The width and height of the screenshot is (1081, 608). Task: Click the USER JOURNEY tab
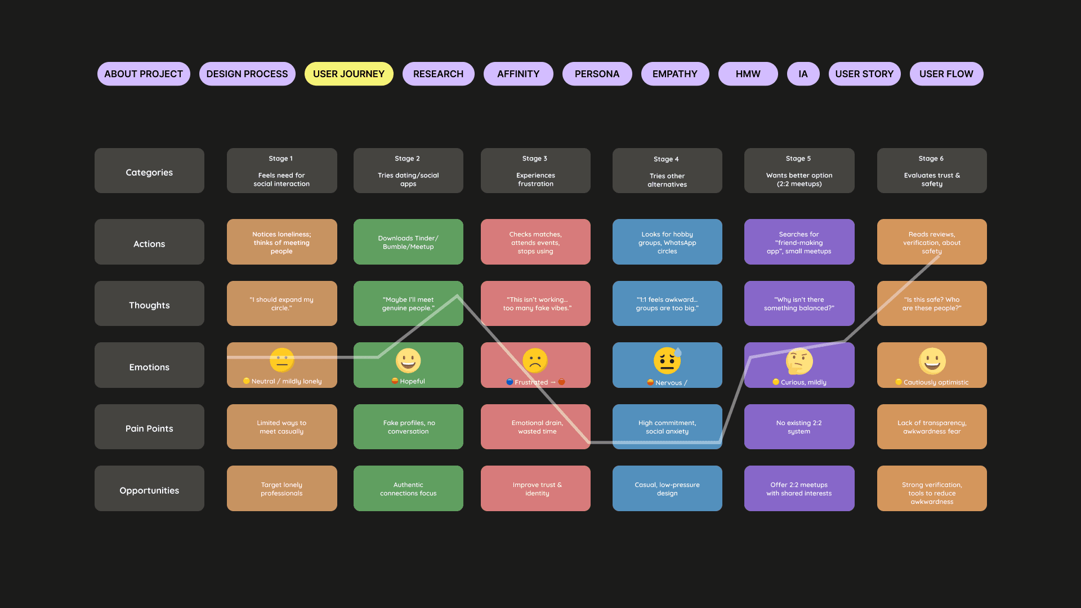click(x=349, y=74)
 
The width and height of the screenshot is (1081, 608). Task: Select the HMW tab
click(x=748, y=74)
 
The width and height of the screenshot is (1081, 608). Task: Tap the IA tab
click(x=803, y=74)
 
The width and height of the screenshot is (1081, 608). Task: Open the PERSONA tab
click(x=597, y=74)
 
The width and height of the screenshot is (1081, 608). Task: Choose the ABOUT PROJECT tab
click(x=144, y=74)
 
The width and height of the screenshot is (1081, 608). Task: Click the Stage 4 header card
click(x=667, y=171)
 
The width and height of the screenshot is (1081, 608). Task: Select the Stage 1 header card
click(x=282, y=171)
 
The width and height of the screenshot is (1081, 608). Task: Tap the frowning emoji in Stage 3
click(x=535, y=360)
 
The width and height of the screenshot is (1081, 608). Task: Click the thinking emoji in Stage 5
click(x=799, y=361)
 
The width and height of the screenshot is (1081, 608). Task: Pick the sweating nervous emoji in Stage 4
click(x=667, y=361)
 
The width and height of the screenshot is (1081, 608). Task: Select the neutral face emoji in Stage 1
click(x=282, y=360)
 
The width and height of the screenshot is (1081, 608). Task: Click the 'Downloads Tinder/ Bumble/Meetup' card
click(x=408, y=242)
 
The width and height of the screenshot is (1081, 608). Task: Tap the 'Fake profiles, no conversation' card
click(x=408, y=427)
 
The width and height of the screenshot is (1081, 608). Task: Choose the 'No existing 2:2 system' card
click(x=799, y=427)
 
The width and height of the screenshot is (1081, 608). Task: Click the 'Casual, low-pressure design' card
click(x=667, y=489)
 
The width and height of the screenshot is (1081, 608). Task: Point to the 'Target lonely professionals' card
click(x=282, y=489)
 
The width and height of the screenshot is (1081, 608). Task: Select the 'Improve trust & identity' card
click(x=535, y=489)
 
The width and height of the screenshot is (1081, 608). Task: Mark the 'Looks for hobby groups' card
click(x=667, y=242)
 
